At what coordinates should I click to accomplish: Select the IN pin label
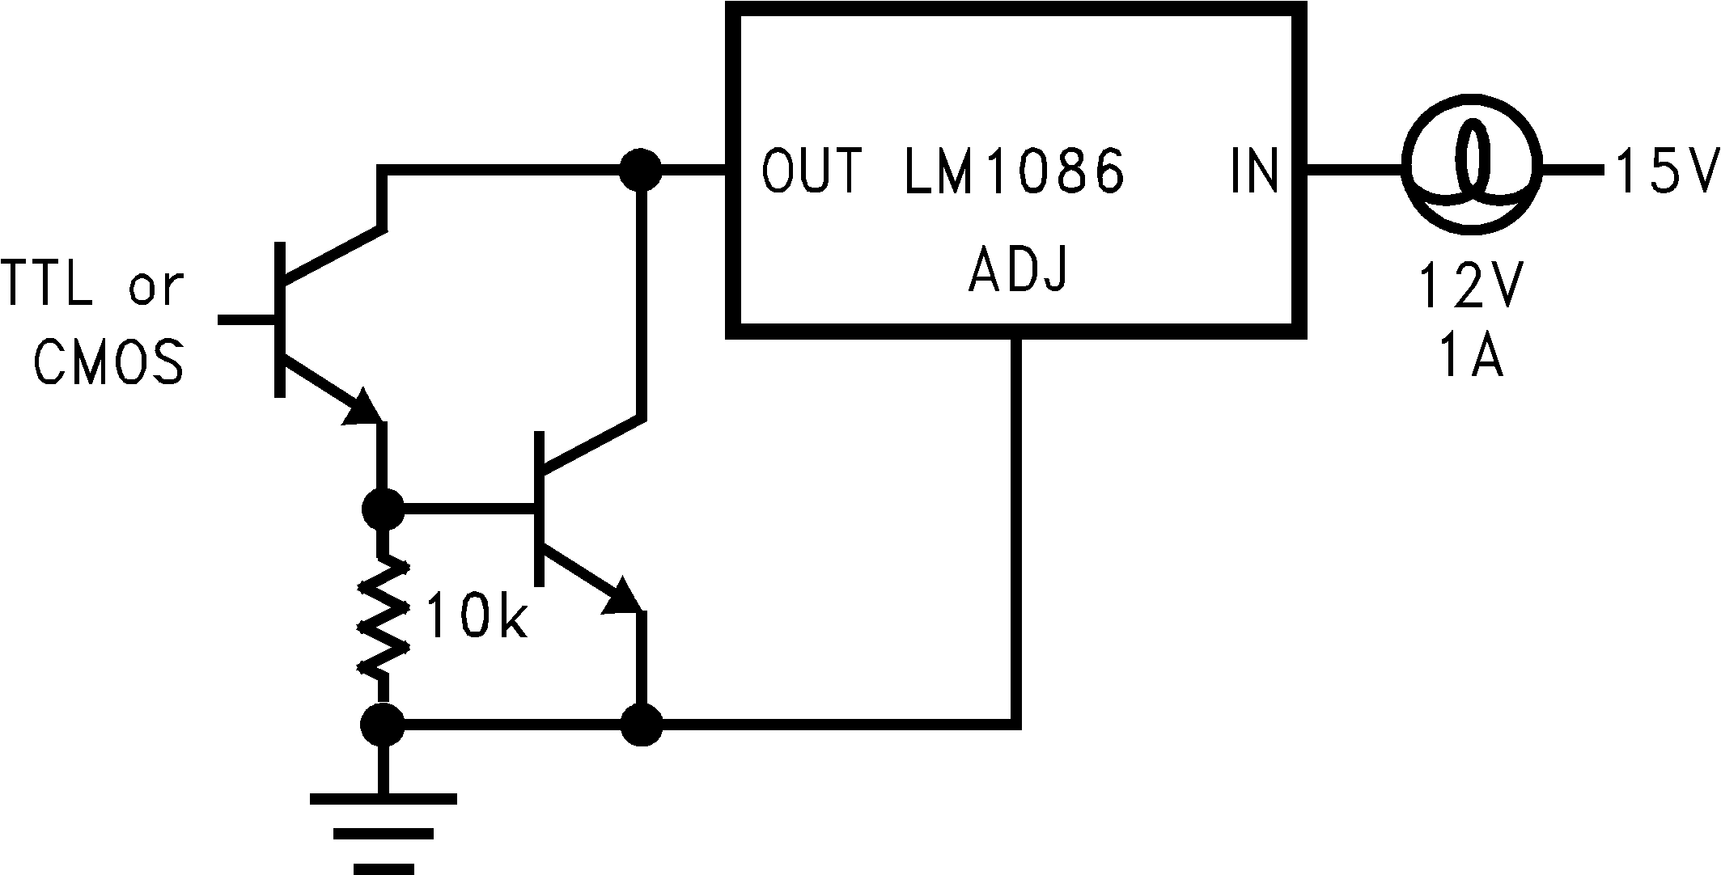pyautogui.click(x=1254, y=171)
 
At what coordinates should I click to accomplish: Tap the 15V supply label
pyautogui.click(x=1667, y=171)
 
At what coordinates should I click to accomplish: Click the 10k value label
pyautogui.click(x=476, y=617)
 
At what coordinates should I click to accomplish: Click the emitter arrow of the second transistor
pyautogui.click(x=622, y=596)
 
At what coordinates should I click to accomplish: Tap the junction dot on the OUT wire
pyautogui.click(x=642, y=170)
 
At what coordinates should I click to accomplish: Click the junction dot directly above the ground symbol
pyautogui.click(x=382, y=723)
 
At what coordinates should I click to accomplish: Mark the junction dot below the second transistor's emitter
pyautogui.click(x=642, y=724)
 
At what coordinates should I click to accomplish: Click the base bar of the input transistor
pyautogui.click(x=280, y=319)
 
